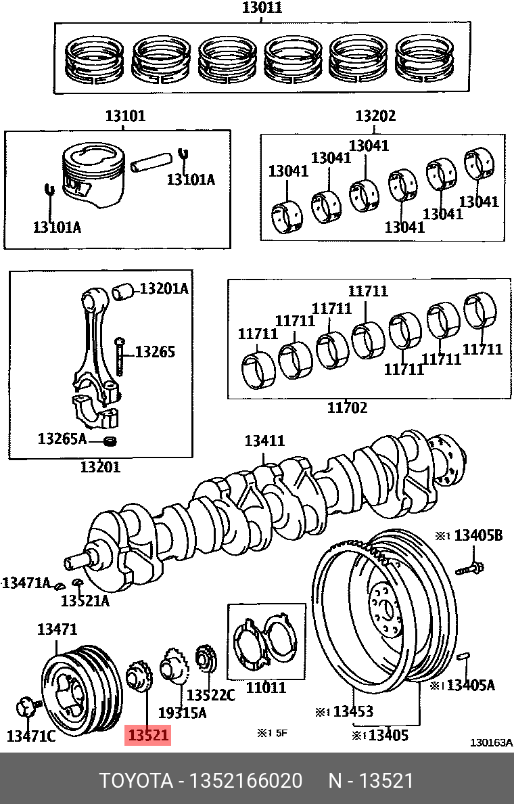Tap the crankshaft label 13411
click(x=264, y=441)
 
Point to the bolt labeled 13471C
click(x=25, y=708)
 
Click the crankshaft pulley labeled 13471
click(x=81, y=690)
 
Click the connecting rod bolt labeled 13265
click(x=120, y=355)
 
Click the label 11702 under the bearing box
click(x=347, y=407)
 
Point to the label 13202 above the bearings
click(x=375, y=116)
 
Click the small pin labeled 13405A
click(x=463, y=654)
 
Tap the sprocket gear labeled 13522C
click(x=205, y=659)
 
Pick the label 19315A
click(x=182, y=712)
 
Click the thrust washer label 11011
click(x=265, y=688)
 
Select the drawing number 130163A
click(x=491, y=742)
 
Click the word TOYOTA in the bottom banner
click(x=136, y=780)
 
